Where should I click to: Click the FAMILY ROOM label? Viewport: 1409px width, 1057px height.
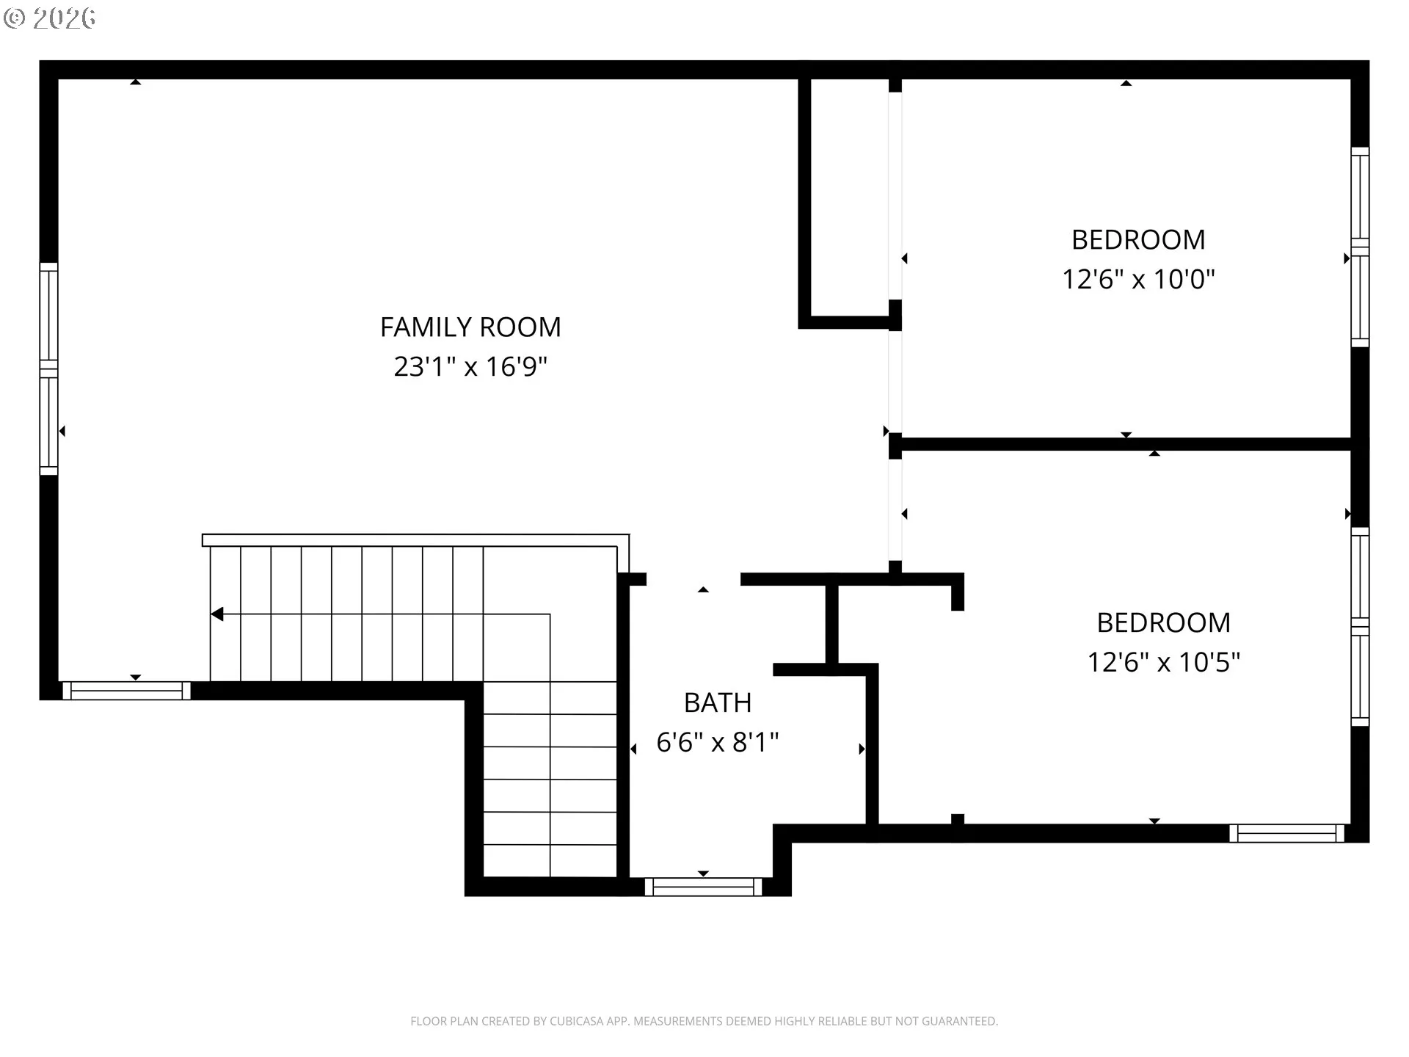470,327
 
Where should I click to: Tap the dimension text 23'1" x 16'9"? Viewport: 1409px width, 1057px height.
470,366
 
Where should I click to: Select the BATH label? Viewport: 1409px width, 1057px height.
718,703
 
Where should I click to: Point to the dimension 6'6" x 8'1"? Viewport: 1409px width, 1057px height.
718,742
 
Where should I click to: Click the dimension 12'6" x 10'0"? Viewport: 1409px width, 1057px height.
1139,279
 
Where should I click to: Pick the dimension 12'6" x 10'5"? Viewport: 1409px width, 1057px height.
1164,662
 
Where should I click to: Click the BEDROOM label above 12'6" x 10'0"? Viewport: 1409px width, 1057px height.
1139,240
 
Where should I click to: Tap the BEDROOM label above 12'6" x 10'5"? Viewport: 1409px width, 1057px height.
1164,623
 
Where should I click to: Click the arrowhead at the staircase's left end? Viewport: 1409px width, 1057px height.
217,614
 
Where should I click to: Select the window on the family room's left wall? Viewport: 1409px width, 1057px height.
48,368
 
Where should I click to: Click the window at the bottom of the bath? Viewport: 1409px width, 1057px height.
704,887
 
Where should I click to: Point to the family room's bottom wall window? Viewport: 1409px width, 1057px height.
126,691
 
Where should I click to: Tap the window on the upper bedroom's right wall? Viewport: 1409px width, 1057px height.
1360,247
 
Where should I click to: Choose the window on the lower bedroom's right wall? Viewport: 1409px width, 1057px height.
1360,627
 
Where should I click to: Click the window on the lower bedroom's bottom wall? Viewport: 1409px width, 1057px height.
1287,833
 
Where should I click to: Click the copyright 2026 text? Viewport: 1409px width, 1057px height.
50,18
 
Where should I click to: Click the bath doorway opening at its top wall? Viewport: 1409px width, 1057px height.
693,579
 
